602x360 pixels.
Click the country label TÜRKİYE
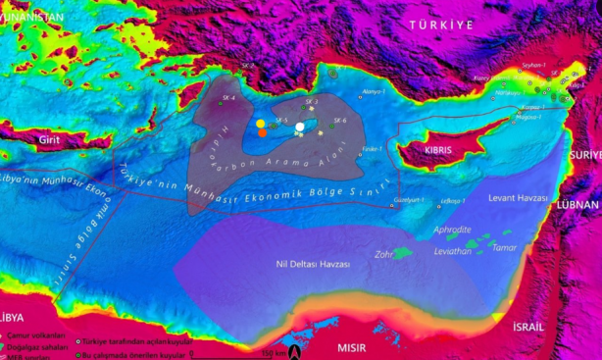pos(441,23)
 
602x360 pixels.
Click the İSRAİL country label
pos(536,326)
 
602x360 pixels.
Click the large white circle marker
pos(299,127)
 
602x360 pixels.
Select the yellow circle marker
pos(261,125)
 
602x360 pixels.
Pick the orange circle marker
pos(262,133)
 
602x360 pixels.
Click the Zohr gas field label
pos(383,253)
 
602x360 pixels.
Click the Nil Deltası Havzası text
pos(312,265)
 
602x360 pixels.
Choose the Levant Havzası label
pos(517,197)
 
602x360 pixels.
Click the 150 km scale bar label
pos(274,352)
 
